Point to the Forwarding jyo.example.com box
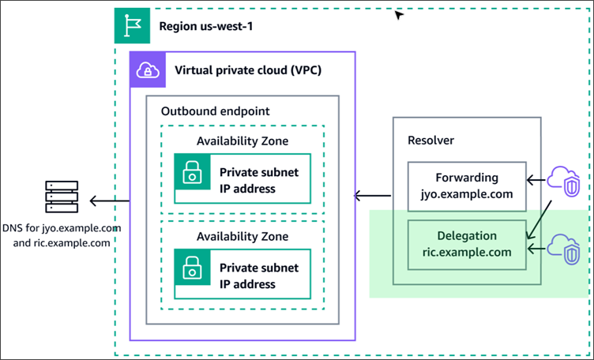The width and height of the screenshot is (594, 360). [467, 187]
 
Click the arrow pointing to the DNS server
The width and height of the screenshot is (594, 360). [107, 201]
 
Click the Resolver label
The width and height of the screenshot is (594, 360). [431, 140]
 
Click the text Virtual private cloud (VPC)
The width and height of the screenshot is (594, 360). [247, 70]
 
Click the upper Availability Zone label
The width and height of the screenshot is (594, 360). [242, 141]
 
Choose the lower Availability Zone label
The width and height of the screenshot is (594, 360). [242, 235]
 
